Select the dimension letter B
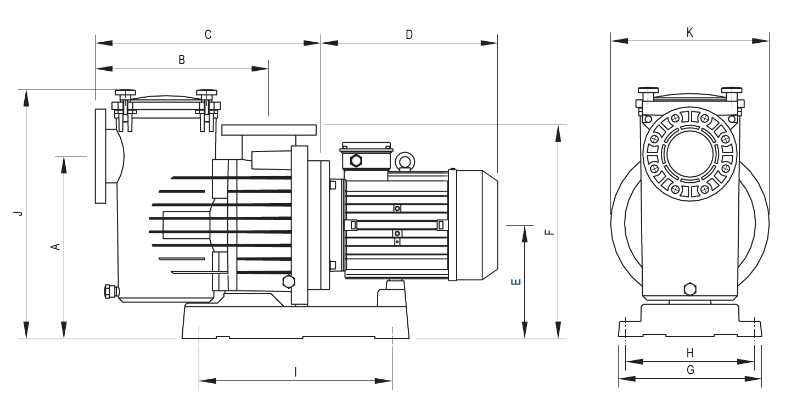pyautogui.click(x=182, y=60)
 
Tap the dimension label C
pyautogui.click(x=208, y=35)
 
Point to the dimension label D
pyautogui.click(x=409, y=35)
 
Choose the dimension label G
pyautogui.click(x=690, y=370)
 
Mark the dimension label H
pyautogui.click(x=690, y=352)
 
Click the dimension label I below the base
pyautogui.click(x=295, y=372)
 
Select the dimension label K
pyautogui.click(x=690, y=32)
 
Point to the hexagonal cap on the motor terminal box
pyautogui.click(x=356, y=160)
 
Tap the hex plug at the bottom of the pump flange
pyautogui.click(x=288, y=282)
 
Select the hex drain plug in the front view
pyautogui.click(x=689, y=289)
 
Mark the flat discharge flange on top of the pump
pyautogui.click(x=269, y=130)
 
